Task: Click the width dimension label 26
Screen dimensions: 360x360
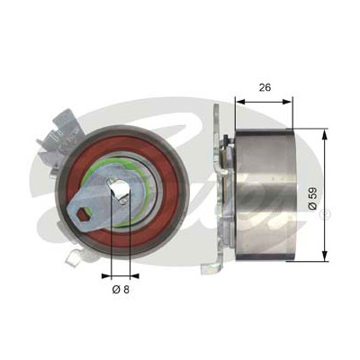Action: coord(265,87)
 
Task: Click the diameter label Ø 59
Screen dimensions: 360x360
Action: coord(312,199)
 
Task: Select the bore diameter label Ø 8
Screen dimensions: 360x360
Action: coord(121,290)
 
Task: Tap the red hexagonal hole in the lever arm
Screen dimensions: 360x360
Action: coord(81,214)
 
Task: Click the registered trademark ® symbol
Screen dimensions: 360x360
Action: coord(325,214)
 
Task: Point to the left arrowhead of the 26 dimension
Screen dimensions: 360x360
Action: coord(240,102)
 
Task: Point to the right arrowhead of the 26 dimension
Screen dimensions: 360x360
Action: coord(287,102)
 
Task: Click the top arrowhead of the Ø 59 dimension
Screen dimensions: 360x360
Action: coord(324,134)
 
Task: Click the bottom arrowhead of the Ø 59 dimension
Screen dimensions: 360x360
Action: coord(324,256)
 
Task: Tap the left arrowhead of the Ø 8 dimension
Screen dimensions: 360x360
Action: coord(106,274)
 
